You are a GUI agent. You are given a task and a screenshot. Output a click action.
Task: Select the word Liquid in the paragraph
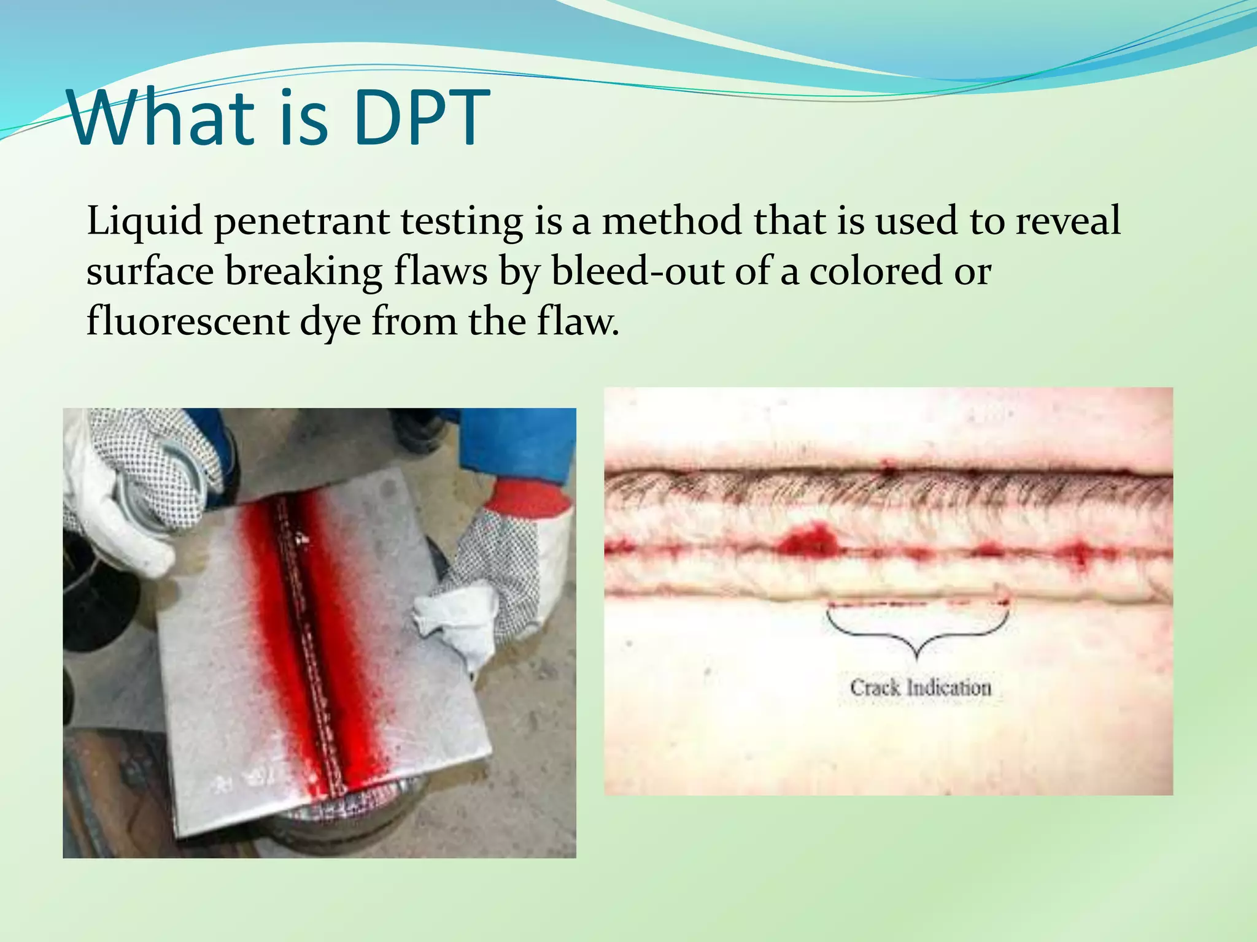coord(145,222)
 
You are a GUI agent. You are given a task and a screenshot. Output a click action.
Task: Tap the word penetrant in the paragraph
coord(301,222)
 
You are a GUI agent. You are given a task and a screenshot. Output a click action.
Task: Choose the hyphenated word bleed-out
coord(638,271)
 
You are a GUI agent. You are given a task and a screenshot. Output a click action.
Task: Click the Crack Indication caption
coord(920,687)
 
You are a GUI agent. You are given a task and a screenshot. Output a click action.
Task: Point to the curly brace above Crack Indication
coord(917,632)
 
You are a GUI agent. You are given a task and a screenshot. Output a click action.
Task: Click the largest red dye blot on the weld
coord(810,540)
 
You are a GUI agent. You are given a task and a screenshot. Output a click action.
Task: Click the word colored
coord(875,271)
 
